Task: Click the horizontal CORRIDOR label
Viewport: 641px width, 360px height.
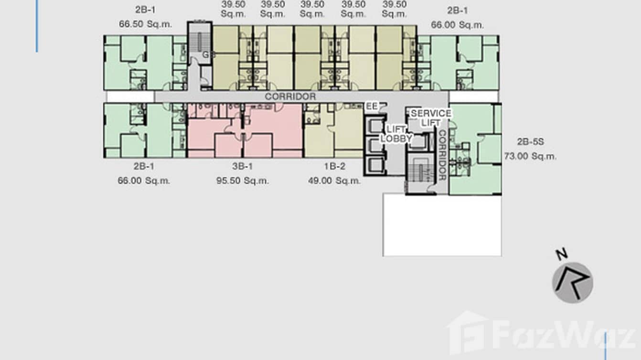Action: coord(290,96)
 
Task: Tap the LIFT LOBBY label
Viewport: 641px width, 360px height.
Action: coord(396,134)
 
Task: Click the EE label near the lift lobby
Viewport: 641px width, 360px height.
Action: coord(372,106)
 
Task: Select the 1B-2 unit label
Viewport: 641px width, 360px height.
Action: coord(334,167)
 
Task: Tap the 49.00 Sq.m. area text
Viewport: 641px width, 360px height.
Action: coord(334,181)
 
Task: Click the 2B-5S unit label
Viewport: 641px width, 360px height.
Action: coord(530,142)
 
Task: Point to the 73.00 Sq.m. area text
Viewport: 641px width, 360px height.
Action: coord(530,156)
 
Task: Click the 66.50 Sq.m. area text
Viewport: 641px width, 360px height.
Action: coord(145,24)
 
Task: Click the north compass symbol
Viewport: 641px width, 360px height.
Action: coord(573,283)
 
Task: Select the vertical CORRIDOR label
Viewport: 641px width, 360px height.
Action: coord(442,155)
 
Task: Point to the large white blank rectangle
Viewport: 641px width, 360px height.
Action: coord(442,224)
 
